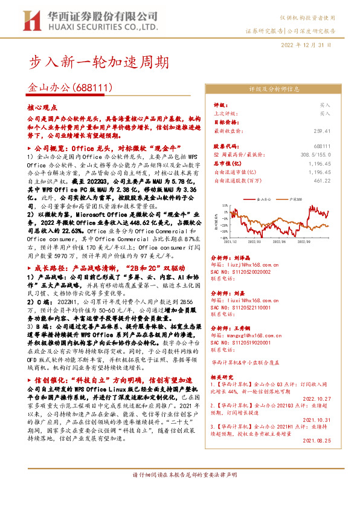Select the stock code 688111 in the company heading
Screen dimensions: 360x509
pos(94,88)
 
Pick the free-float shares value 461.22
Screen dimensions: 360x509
pos(323,180)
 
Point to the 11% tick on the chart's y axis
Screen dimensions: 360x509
pos(224,205)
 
